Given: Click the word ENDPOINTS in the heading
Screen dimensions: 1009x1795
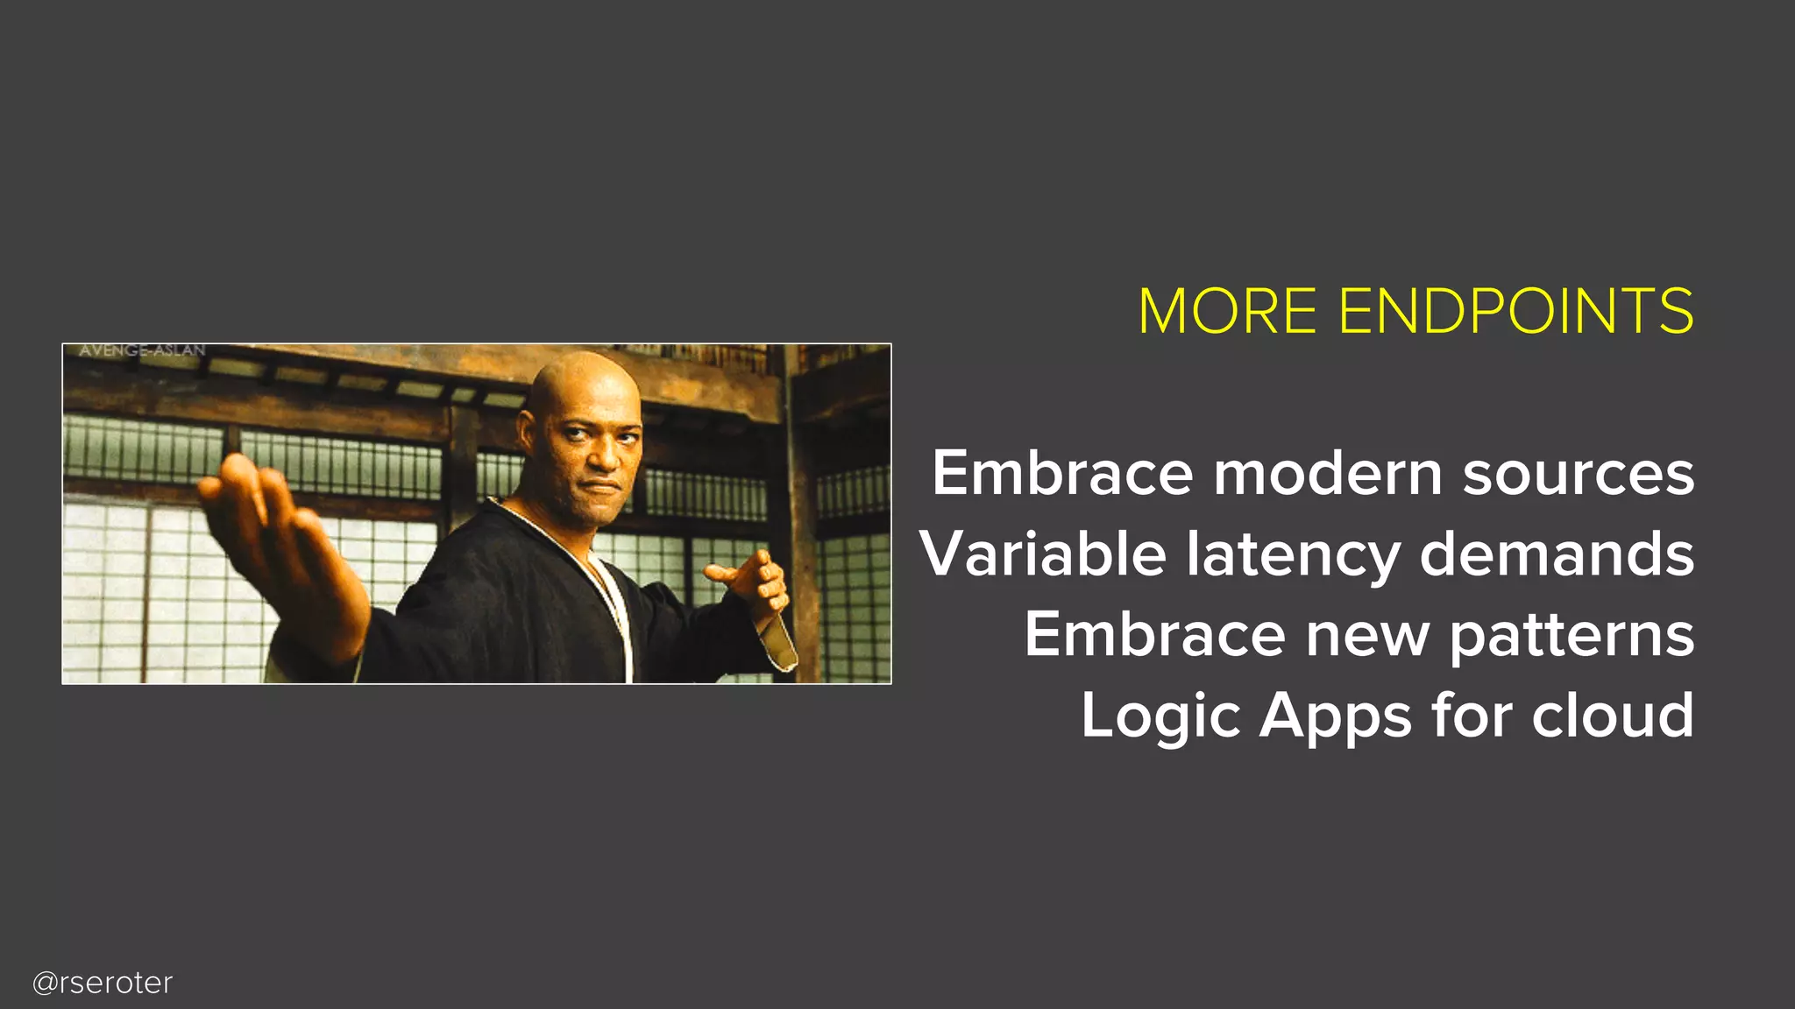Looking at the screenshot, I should click(1516, 312).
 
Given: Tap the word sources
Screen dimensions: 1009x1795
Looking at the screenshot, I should click(1578, 474).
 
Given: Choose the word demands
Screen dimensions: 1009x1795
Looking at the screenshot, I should click(1557, 554).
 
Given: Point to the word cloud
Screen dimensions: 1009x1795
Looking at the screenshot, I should click(1613, 716).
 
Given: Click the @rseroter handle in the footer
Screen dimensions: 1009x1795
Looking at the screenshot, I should click(103, 983).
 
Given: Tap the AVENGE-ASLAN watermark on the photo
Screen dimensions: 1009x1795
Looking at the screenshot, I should click(142, 351).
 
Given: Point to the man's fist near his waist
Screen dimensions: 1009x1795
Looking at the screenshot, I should click(754, 582).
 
